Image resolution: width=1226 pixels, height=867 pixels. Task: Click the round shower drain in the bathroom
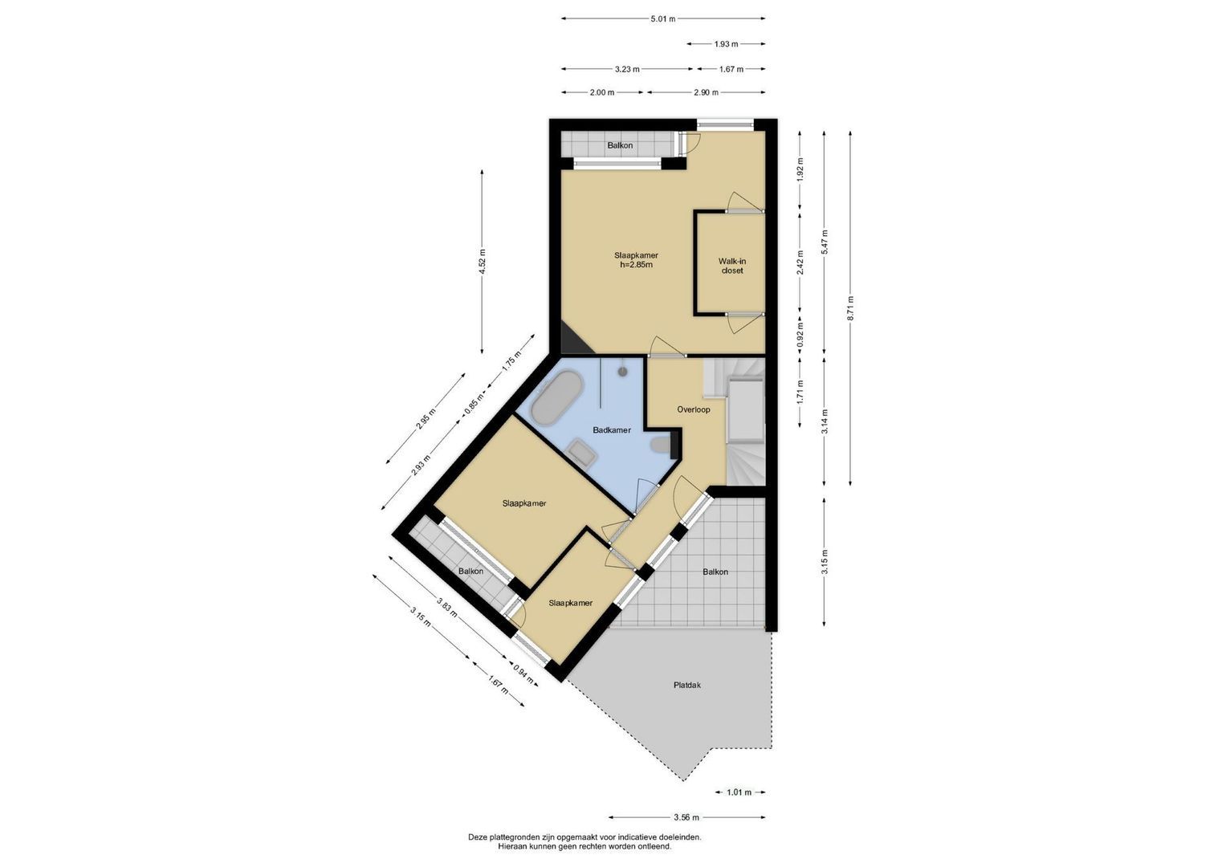[623, 371]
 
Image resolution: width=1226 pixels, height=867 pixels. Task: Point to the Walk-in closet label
[731, 266]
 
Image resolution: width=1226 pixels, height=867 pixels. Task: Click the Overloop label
[694, 409]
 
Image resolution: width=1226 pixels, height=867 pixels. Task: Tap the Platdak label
[687, 685]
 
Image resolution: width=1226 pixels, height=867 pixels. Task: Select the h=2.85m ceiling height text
[636, 265]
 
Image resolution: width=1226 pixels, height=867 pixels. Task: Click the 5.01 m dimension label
[663, 18]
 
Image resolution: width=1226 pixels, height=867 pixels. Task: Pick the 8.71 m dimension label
[850, 309]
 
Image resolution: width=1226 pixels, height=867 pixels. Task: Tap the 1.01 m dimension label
[739, 792]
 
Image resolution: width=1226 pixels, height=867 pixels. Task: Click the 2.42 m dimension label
[800, 263]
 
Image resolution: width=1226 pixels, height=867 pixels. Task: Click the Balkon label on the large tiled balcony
[715, 572]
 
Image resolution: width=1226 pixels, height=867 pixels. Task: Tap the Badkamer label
[612, 430]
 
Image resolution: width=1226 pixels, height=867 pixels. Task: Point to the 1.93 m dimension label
[727, 44]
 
